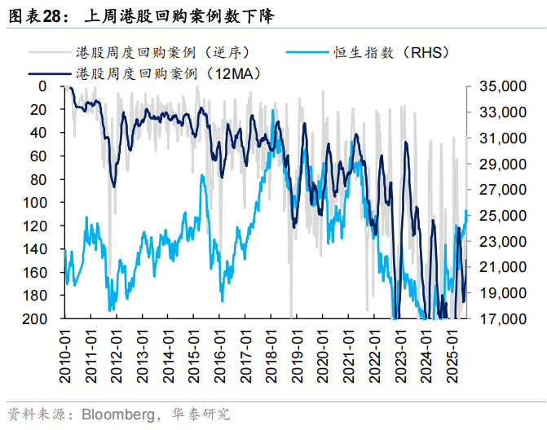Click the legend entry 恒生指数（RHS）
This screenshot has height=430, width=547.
pos(391,52)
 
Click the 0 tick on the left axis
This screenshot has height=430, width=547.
pos(52,86)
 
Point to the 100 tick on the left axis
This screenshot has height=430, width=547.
pos(45,202)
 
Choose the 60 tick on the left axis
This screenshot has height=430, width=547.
pos(48,156)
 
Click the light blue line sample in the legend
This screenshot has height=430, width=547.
pos(307,53)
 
